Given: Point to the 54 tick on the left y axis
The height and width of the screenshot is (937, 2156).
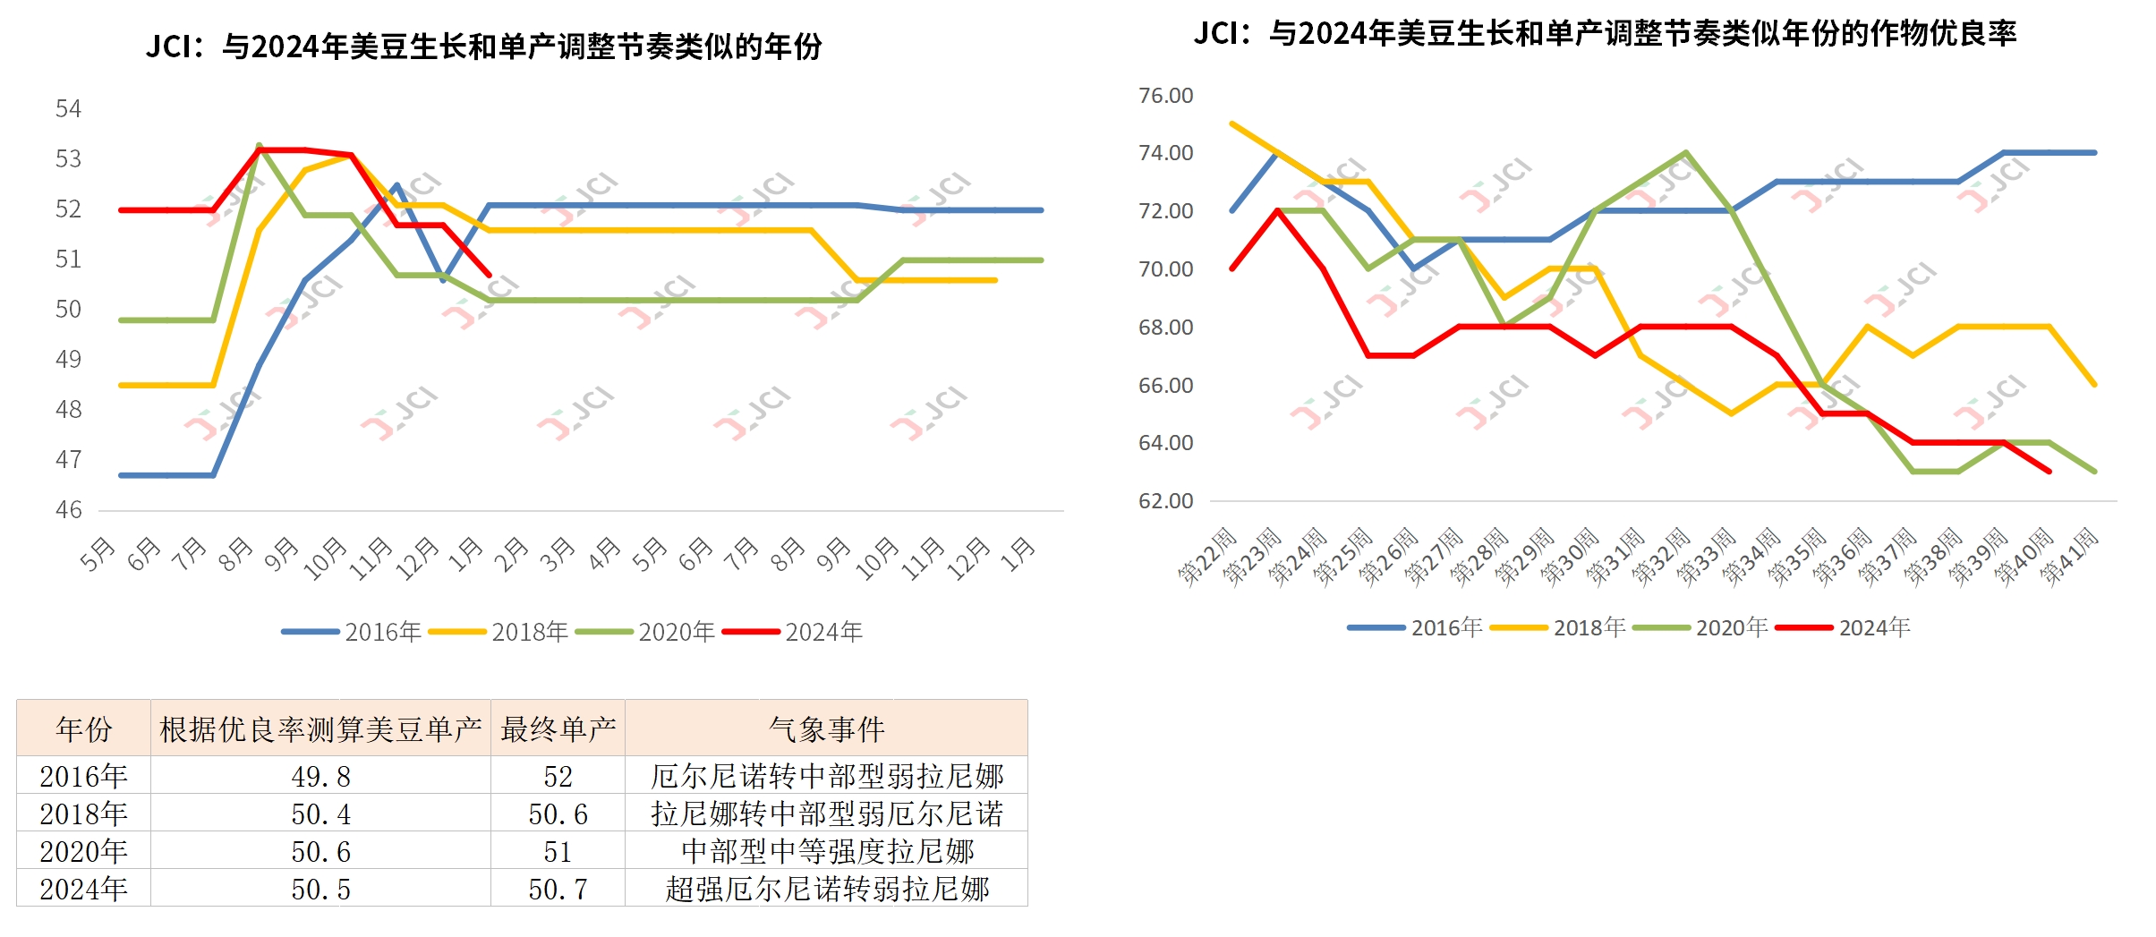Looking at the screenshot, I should click(68, 109).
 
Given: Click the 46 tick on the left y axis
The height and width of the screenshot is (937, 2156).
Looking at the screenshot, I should click(68, 510).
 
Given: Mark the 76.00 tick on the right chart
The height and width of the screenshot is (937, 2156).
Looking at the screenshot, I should click(1165, 96).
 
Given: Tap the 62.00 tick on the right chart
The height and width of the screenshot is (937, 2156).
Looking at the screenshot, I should click(1165, 501).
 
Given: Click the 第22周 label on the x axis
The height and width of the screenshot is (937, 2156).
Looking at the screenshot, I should click(1207, 557).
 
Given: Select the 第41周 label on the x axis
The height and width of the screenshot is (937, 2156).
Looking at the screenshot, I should click(2069, 557).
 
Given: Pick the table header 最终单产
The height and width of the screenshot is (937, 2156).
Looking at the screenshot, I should click(558, 728).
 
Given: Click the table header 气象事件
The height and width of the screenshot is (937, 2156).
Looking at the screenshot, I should click(826, 728).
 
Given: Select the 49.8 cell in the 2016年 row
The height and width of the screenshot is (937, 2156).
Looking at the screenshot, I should click(320, 776).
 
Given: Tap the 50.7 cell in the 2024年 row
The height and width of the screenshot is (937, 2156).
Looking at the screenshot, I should click(558, 889).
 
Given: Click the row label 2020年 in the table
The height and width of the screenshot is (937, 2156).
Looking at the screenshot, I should click(83, 851).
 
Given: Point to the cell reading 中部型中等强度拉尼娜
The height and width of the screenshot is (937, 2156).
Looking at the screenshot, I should click(826, 851).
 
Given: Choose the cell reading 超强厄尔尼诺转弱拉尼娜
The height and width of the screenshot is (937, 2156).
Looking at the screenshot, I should click(826, 889).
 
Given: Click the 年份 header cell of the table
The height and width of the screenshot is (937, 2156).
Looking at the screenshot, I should click(83, 728).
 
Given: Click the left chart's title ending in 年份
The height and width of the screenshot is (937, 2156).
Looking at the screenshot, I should click(483, 47).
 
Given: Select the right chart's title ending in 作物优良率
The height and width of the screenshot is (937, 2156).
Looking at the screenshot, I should click(1605, 34).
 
